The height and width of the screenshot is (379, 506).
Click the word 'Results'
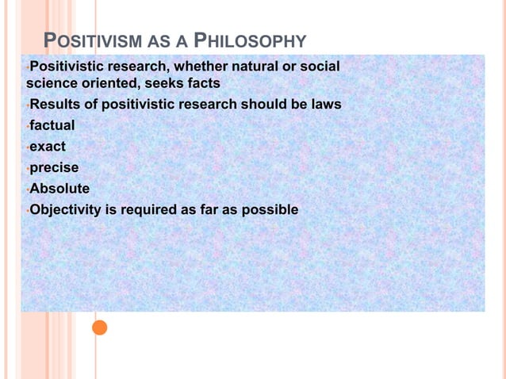tap(53, 105)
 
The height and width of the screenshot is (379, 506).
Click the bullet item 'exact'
tap(48, 147)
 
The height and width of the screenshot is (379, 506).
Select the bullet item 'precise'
tap(54, 167)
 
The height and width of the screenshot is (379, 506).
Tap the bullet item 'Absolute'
tap(59, 189)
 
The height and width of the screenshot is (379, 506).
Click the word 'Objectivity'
tap(67, 210)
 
